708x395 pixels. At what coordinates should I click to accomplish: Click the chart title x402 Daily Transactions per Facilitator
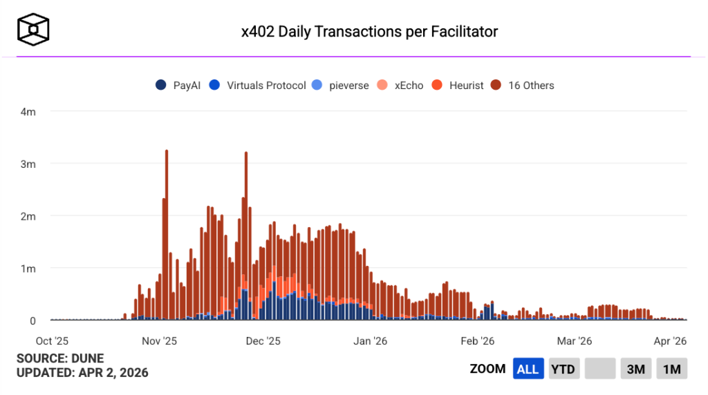tap(369, 31)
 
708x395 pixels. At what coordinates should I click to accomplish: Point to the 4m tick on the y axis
tap(28, 111)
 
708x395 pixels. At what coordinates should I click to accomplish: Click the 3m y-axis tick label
tap(28, 164)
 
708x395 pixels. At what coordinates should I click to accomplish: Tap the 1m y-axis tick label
tap(28, 268)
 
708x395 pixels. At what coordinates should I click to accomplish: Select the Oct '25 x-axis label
tap(53, 340)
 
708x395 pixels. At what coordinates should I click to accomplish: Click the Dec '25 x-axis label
tap(263, 340)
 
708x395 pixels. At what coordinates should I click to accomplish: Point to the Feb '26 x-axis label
tap(478, 340)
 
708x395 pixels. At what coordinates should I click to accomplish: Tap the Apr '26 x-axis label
tap(670, 340)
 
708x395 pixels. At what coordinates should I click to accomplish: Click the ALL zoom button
tap(528, 369)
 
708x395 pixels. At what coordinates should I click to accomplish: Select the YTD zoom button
tap(563, 369)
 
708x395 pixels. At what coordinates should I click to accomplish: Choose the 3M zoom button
tap(635, 369)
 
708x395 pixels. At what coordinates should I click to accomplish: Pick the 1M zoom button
tap(671, 369)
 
